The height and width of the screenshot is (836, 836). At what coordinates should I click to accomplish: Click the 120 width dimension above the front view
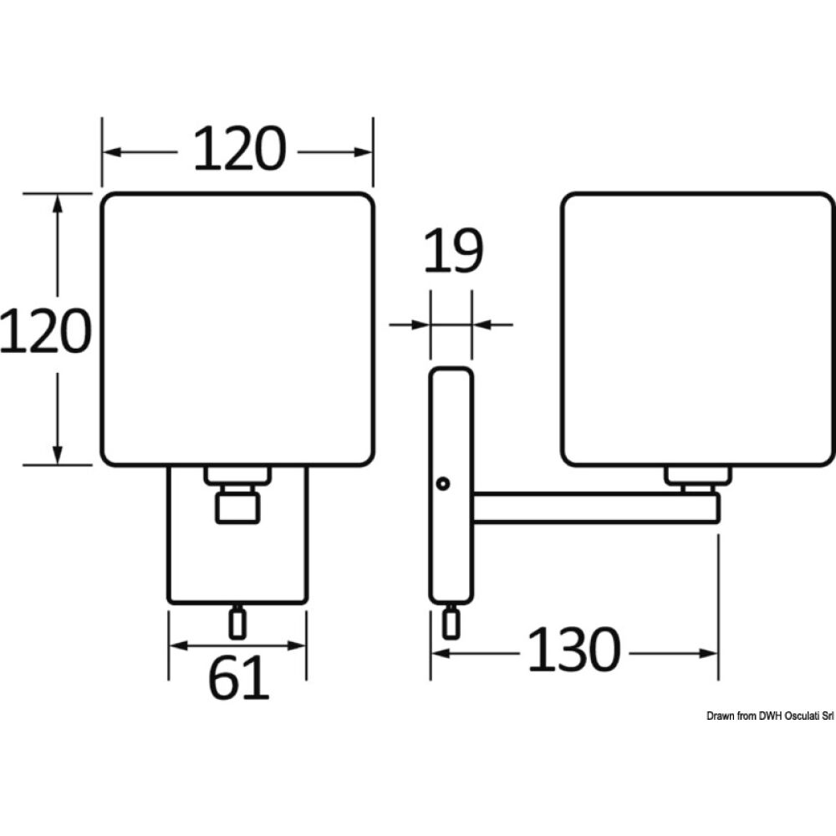click(239, 150)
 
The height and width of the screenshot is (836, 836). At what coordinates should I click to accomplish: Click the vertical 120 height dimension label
click(46, 330)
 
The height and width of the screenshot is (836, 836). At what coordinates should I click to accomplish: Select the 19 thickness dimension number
click(454, 250)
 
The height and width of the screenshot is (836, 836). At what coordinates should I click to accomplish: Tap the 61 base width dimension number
click(238, 677)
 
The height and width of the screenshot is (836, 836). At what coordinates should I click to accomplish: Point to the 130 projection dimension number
click(574, 650)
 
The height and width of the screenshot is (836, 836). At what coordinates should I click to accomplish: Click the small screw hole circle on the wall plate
click(442, 483)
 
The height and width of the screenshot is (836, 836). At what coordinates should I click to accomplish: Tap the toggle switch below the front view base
click(237, 623)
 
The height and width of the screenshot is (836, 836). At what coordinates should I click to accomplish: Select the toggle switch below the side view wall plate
click(451, 622)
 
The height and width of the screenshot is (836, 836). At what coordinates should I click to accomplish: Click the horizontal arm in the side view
click(596, 507)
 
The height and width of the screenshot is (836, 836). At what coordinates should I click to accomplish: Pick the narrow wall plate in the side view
click(451, 485)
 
